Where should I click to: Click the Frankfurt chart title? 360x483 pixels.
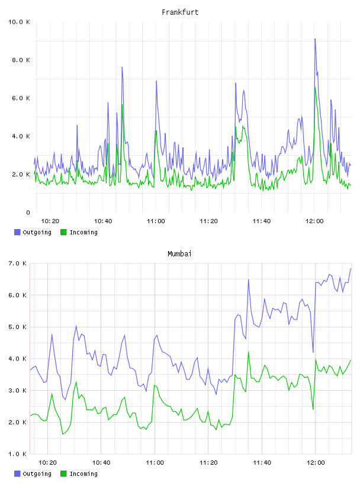point(180,12)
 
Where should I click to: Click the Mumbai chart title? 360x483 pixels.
point(179,254)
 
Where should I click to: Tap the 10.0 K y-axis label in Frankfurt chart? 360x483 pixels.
point(19,22)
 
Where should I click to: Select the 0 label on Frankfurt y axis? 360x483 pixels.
point(28,212)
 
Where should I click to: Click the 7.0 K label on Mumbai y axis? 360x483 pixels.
point(17,263)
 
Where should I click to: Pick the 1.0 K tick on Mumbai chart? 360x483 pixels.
point(17,454)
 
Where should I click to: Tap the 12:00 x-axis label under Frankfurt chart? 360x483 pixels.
point(314,221)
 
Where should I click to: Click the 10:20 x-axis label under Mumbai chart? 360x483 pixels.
point(47,463)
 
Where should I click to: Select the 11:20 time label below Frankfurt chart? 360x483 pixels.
point(208,221)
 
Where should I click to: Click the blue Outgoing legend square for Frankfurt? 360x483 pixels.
point(17,232)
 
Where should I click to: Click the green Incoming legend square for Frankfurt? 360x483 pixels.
point(63,232)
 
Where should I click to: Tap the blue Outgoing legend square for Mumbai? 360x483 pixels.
point(17,474)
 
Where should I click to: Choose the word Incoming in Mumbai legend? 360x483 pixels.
point(83,474)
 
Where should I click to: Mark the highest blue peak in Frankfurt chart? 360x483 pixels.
point(314,39)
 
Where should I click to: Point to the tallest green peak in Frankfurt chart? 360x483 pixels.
point(315,88)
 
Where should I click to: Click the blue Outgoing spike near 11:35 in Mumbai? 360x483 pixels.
point(249,280)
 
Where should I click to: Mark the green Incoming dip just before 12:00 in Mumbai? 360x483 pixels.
point(313,409)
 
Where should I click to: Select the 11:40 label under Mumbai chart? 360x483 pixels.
point(262,463)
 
